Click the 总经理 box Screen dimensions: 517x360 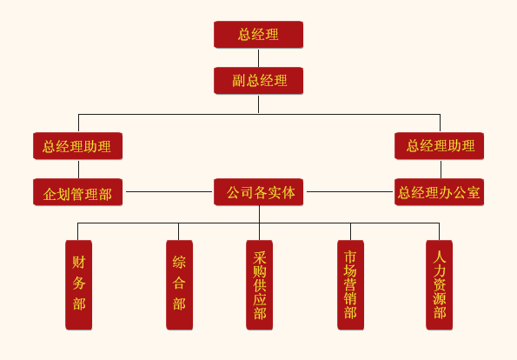(x=259, y=35)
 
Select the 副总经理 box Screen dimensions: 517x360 (x=259, y=81)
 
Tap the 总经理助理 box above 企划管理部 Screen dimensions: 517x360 (x=78, y=146)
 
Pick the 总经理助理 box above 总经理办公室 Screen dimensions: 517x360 (x=439, y=146)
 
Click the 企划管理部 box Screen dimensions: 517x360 (x=78, y=192)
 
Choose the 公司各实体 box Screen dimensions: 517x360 (x=259, y=192)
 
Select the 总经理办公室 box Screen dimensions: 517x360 (x=439, y=192)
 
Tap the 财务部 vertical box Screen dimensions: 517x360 (x=78, y=284)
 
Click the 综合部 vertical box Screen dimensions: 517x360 (x=179, y=284)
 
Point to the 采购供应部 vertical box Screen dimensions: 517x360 (x=259, y=284)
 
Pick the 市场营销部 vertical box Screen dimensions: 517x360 (x=350, y=284)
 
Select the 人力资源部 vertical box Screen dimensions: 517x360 (x=439, y=284)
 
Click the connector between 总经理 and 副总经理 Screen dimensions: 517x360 (x=259, y=58)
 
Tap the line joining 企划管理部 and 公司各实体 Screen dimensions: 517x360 (x=169, y=191)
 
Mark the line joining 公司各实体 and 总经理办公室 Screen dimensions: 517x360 (x=349, y=191)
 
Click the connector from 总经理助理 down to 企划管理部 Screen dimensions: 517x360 (x=78, y=170)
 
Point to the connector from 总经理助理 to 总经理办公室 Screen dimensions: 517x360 (x=441, y=170)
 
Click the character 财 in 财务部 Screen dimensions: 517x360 (x=79, y=263)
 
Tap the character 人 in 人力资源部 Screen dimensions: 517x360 (x=439, y=257)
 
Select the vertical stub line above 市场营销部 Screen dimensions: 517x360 (x=350, y=231)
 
